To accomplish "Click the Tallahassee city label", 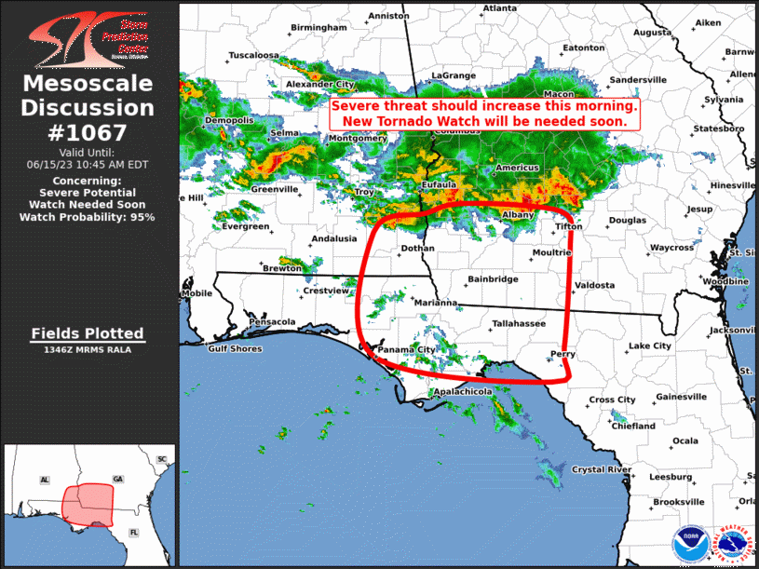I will pos(519,323).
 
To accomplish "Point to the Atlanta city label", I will pos(499,8).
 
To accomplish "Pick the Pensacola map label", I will pos(272,322).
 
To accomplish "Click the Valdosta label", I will pos(595,285).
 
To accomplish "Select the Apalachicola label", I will pos(463,393).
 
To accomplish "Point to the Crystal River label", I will pos(602,469).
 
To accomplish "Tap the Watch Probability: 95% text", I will pos(87,217).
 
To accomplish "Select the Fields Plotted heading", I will pos(87,333).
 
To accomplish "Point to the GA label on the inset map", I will pos(117,479).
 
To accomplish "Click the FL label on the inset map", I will pos(133,532).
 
